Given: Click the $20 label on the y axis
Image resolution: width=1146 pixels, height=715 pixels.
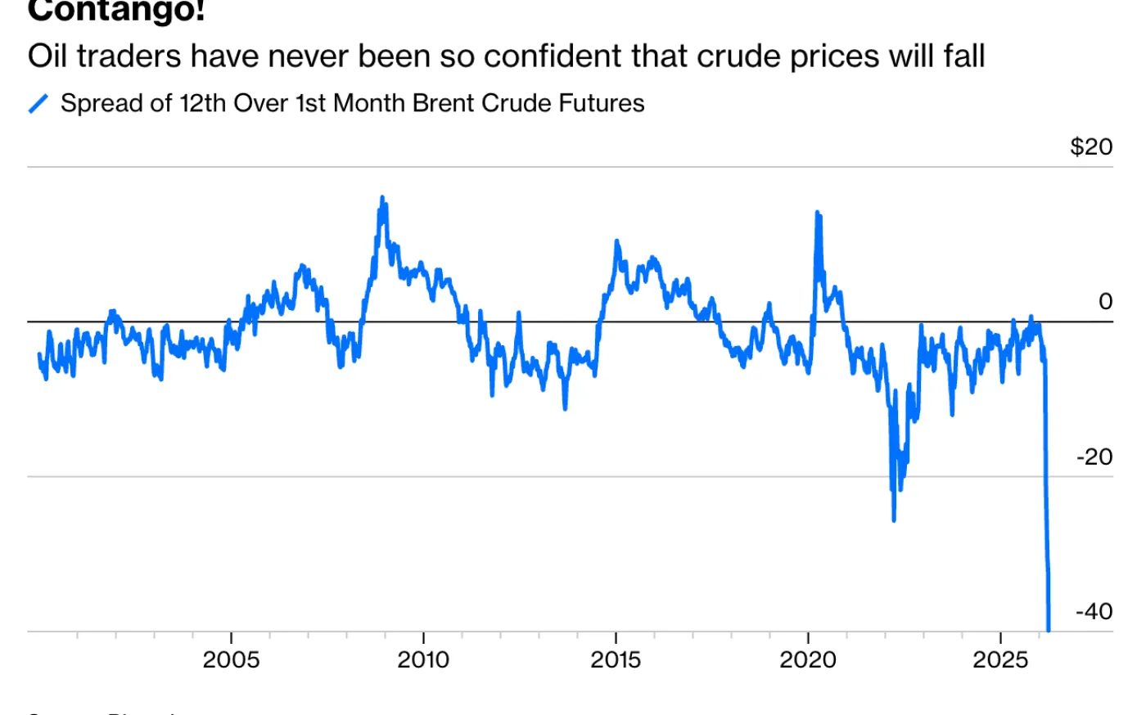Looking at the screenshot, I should tap(1091, 146).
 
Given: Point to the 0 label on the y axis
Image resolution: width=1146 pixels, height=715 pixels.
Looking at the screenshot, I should tap(1105, 302).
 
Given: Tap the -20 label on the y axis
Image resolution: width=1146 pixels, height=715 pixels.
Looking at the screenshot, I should tap(1094, 456).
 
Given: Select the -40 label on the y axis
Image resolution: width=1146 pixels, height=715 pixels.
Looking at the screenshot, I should tap(1094, 611).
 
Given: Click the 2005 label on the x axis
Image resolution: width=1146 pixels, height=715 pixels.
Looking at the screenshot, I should tap(231, 659).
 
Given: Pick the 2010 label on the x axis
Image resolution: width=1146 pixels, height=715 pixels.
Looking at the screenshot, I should tap(423, 659).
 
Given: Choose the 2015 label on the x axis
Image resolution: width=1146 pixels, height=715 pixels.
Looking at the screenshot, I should tap(616, 659).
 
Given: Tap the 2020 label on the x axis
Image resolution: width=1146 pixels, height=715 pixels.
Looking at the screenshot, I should tap(808, 659).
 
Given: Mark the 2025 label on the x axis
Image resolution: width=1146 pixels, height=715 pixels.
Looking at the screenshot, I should tap(1000, 659).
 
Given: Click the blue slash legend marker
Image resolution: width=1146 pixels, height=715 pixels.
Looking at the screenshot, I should tap(38, 104).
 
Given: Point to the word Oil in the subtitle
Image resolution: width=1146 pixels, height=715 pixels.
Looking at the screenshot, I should tap(47, 56).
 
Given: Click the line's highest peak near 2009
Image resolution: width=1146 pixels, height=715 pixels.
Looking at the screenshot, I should tap(382, 197).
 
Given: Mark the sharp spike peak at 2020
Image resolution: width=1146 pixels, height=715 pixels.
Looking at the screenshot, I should tap(817, 213).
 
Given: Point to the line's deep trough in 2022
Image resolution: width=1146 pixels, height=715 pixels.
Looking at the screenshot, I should tap(893, 519).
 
